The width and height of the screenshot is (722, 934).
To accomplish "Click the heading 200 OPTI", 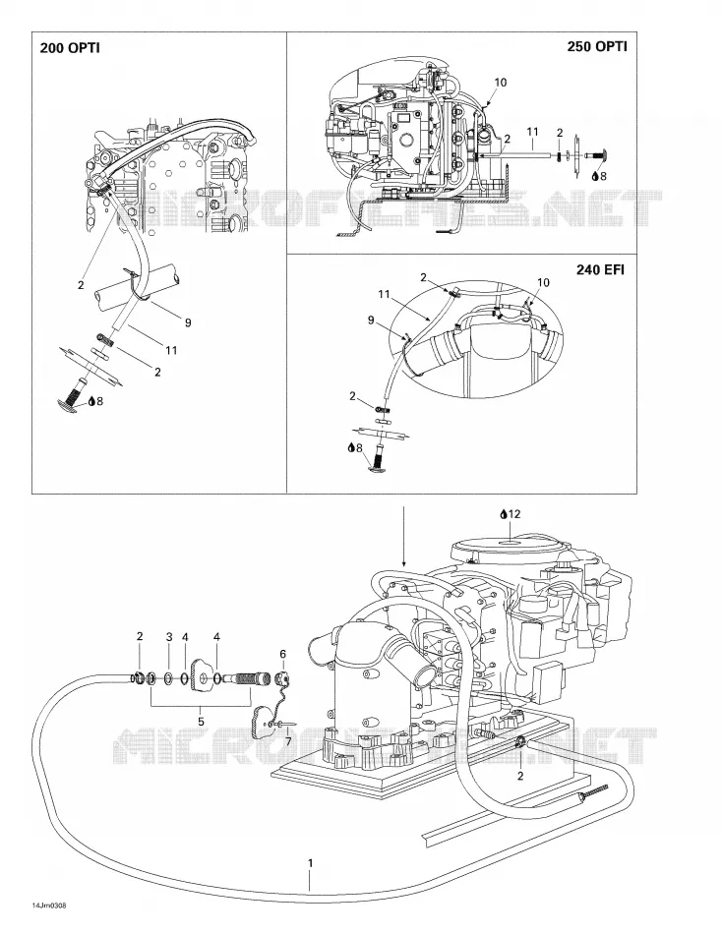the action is [x=69, y=48].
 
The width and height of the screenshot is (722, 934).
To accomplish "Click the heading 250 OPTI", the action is [x=597, y=46].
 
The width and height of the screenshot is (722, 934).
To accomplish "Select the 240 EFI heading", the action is [x=600, y=269].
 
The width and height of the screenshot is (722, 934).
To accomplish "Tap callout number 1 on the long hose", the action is [x=310, y=863].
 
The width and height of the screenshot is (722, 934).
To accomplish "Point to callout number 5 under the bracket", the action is [x=201, y=722].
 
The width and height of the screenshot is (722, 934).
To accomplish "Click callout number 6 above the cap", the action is [x=283, y=654].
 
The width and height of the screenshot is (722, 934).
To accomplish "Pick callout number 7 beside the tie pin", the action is [x=288, y=741].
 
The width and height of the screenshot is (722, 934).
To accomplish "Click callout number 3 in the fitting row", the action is [x=169, y=637].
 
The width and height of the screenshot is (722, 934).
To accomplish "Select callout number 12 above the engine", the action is [x=514, y=513].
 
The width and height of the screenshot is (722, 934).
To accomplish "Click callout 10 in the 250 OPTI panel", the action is [x=501, y=83].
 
